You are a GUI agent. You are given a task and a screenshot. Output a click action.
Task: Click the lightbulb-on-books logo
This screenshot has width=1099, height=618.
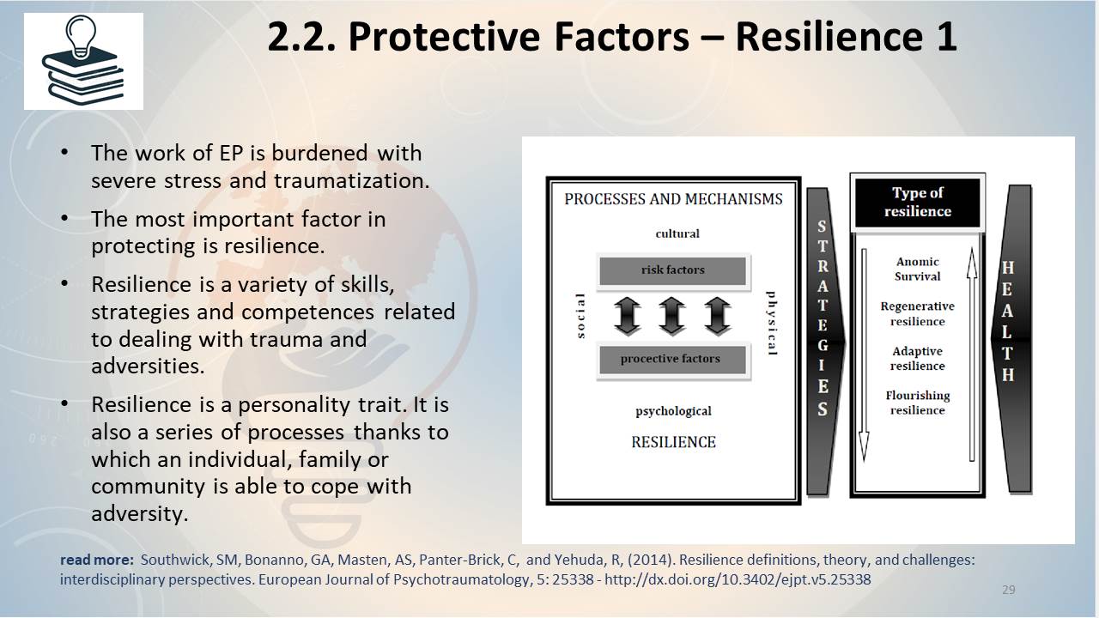point(83,61)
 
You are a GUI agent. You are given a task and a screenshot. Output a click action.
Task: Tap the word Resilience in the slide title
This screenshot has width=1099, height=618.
point(829,36)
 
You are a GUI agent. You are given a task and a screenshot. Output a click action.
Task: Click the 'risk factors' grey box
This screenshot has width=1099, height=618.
point(672,270)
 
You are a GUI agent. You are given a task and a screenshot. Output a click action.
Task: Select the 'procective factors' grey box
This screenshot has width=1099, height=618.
point(672,359)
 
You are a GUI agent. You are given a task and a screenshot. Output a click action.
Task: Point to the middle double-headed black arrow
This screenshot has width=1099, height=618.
point(671,316)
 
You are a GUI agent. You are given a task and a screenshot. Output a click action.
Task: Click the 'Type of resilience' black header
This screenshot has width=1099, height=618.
point(918,202)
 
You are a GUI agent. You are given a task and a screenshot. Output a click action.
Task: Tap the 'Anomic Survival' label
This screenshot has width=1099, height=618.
point(918,270)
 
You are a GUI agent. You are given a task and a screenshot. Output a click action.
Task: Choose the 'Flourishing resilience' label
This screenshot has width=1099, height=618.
point(918,403)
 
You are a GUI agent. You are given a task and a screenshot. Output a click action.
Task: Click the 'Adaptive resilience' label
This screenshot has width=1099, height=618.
point(918,359)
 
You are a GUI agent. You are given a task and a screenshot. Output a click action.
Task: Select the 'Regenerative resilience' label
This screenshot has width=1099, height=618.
point(918,314)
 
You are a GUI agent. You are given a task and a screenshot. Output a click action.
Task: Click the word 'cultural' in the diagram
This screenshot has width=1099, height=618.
point(677,233)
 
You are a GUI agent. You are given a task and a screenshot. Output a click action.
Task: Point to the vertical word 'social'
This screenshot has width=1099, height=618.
point(581,316)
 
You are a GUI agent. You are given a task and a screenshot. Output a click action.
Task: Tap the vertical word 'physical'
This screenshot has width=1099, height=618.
point(771,324)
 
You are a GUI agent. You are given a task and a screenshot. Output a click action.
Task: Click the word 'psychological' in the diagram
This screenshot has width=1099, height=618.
point(673,411)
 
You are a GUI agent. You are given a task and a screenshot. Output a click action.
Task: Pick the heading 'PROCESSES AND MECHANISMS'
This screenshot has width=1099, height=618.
point(673,199)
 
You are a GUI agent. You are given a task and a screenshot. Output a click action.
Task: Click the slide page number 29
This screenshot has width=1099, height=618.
point(1008,590)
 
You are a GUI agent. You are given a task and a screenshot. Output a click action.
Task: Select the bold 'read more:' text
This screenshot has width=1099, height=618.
point(97,560)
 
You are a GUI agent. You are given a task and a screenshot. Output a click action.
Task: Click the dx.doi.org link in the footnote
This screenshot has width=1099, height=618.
point(738,579)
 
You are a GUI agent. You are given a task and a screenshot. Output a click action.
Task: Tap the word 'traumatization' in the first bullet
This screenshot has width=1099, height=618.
point(351,180)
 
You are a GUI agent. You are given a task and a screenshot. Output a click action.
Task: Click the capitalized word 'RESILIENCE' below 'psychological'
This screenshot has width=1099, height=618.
point(673,442)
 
